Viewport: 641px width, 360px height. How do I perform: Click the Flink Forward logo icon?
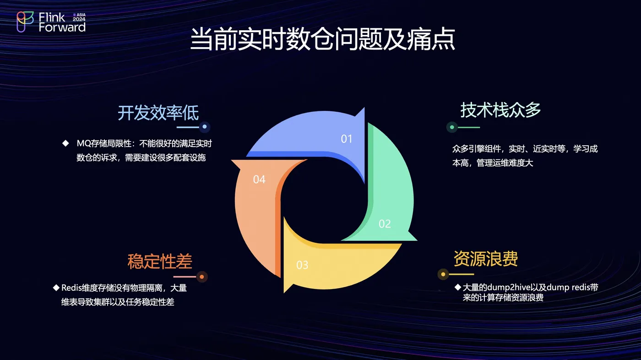point(25,22)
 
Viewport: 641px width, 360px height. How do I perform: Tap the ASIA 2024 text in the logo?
point(79,17)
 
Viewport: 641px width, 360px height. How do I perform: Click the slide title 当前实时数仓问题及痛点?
point(322,39)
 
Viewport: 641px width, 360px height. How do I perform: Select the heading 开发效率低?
point(158,113)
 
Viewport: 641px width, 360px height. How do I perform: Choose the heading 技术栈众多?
point(500,110)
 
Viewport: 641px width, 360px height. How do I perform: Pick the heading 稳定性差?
point(160,261)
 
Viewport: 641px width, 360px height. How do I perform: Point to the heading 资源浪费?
point(486,259)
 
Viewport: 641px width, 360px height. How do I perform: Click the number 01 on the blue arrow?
point(347,139)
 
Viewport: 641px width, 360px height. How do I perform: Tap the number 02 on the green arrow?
point(385,224)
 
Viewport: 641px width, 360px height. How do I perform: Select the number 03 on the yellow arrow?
point(302,265)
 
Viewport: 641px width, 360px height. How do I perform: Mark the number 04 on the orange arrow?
point(259,180)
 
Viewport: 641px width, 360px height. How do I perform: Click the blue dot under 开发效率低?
point(205,127)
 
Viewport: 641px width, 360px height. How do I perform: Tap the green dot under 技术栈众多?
point(452,127)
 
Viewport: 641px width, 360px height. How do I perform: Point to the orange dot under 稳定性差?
point(202,277)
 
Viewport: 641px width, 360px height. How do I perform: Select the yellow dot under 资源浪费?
point(443,274)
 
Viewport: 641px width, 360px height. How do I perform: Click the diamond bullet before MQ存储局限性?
point(65,143)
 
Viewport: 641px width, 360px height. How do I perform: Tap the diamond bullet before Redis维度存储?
point(56,288)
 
